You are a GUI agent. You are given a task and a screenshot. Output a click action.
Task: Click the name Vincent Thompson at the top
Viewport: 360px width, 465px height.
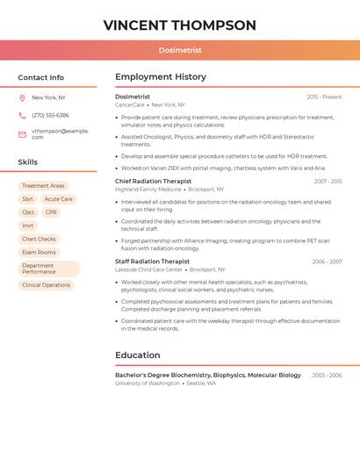click(179, 25)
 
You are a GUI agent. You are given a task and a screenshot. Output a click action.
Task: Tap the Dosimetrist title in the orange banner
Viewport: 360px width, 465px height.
click(179, 51)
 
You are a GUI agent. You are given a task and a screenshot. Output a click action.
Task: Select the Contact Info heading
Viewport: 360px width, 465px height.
click(40, 77)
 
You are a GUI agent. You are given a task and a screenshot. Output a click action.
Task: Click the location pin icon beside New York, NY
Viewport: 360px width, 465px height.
click(22, 98)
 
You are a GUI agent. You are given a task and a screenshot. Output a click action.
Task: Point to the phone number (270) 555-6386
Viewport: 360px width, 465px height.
click(50, 115)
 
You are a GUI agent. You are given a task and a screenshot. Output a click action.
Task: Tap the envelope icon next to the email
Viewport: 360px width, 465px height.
click(22, 134)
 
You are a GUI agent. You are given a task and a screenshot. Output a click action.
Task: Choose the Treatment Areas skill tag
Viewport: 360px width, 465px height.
click(43, 186)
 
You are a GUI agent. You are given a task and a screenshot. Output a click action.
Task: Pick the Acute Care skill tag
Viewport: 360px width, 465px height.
click(59, 199)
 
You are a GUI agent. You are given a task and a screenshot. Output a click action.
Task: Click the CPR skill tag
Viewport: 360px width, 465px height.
click(51, 212)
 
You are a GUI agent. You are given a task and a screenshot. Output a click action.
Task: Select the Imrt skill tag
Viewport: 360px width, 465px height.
click(28, 225)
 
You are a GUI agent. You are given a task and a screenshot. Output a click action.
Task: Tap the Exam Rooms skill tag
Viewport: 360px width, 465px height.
click(39, 252)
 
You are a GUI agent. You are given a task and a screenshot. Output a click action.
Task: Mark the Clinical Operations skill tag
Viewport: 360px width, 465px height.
click(46, 285)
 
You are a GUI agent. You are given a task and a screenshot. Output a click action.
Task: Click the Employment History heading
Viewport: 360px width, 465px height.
click(160, 77)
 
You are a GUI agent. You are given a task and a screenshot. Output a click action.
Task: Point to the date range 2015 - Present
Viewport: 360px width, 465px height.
click(324, 97)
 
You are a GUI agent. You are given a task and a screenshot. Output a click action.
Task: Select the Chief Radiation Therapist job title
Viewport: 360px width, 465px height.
click(153, 181)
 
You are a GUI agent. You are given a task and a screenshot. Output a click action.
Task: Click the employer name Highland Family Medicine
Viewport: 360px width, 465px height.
click(148, 190)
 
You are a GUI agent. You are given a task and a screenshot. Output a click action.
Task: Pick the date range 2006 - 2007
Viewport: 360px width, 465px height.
click(327, 261)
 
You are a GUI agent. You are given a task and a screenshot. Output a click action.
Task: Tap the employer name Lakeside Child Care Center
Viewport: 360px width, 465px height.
click(148, 269)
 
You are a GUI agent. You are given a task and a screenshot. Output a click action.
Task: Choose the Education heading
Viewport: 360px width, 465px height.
click(137, 355)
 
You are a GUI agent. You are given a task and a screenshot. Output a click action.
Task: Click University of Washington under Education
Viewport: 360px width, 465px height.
click(147, 383)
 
